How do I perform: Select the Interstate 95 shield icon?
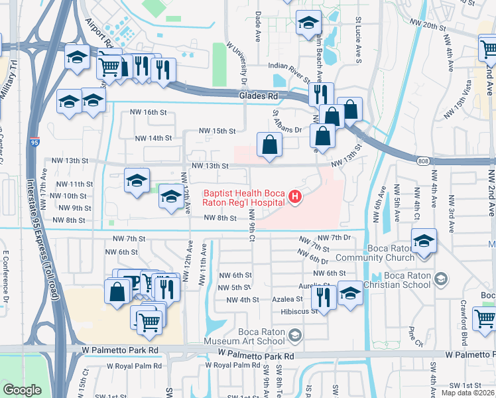pyautogui.click(x=34, y=141)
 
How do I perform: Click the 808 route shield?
pyautogui.click(x=423, y=161)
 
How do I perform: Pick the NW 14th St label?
pyautogui.click(x=153, y=138)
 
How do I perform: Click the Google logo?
pyautogui.click(x=22, y=390)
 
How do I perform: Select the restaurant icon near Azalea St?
pyautogui.click(x=323, y=295)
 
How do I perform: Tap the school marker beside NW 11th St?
pyautogui.click(x=137, y=181)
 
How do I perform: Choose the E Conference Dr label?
pyautogui.click(x=5, y=277)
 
